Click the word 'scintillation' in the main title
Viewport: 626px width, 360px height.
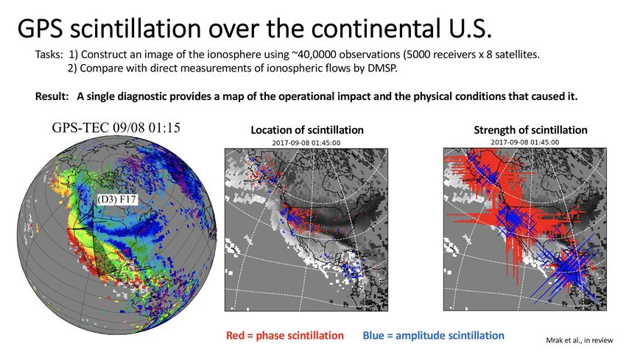[135, 28]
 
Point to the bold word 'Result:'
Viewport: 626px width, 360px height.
[52, 96]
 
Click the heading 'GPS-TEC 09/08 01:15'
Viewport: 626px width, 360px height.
[116, 127]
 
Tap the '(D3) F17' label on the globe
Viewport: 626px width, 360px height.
[116, 200]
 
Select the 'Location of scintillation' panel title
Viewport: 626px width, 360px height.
[307, 130]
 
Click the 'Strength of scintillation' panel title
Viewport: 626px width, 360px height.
[530, 130]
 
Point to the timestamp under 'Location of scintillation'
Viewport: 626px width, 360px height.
[306, 143]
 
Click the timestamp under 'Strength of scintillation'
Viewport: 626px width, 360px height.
[525, 142]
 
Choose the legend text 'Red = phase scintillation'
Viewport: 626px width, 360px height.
[285, 335]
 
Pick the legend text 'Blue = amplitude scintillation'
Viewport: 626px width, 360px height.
[433, 335]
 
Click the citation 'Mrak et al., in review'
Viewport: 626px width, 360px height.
[580, 340]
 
